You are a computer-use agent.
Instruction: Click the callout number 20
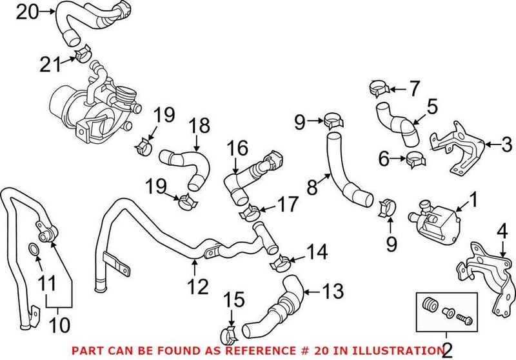(x=28, y=11)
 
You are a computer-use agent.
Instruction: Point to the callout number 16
(x=237, y=149)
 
